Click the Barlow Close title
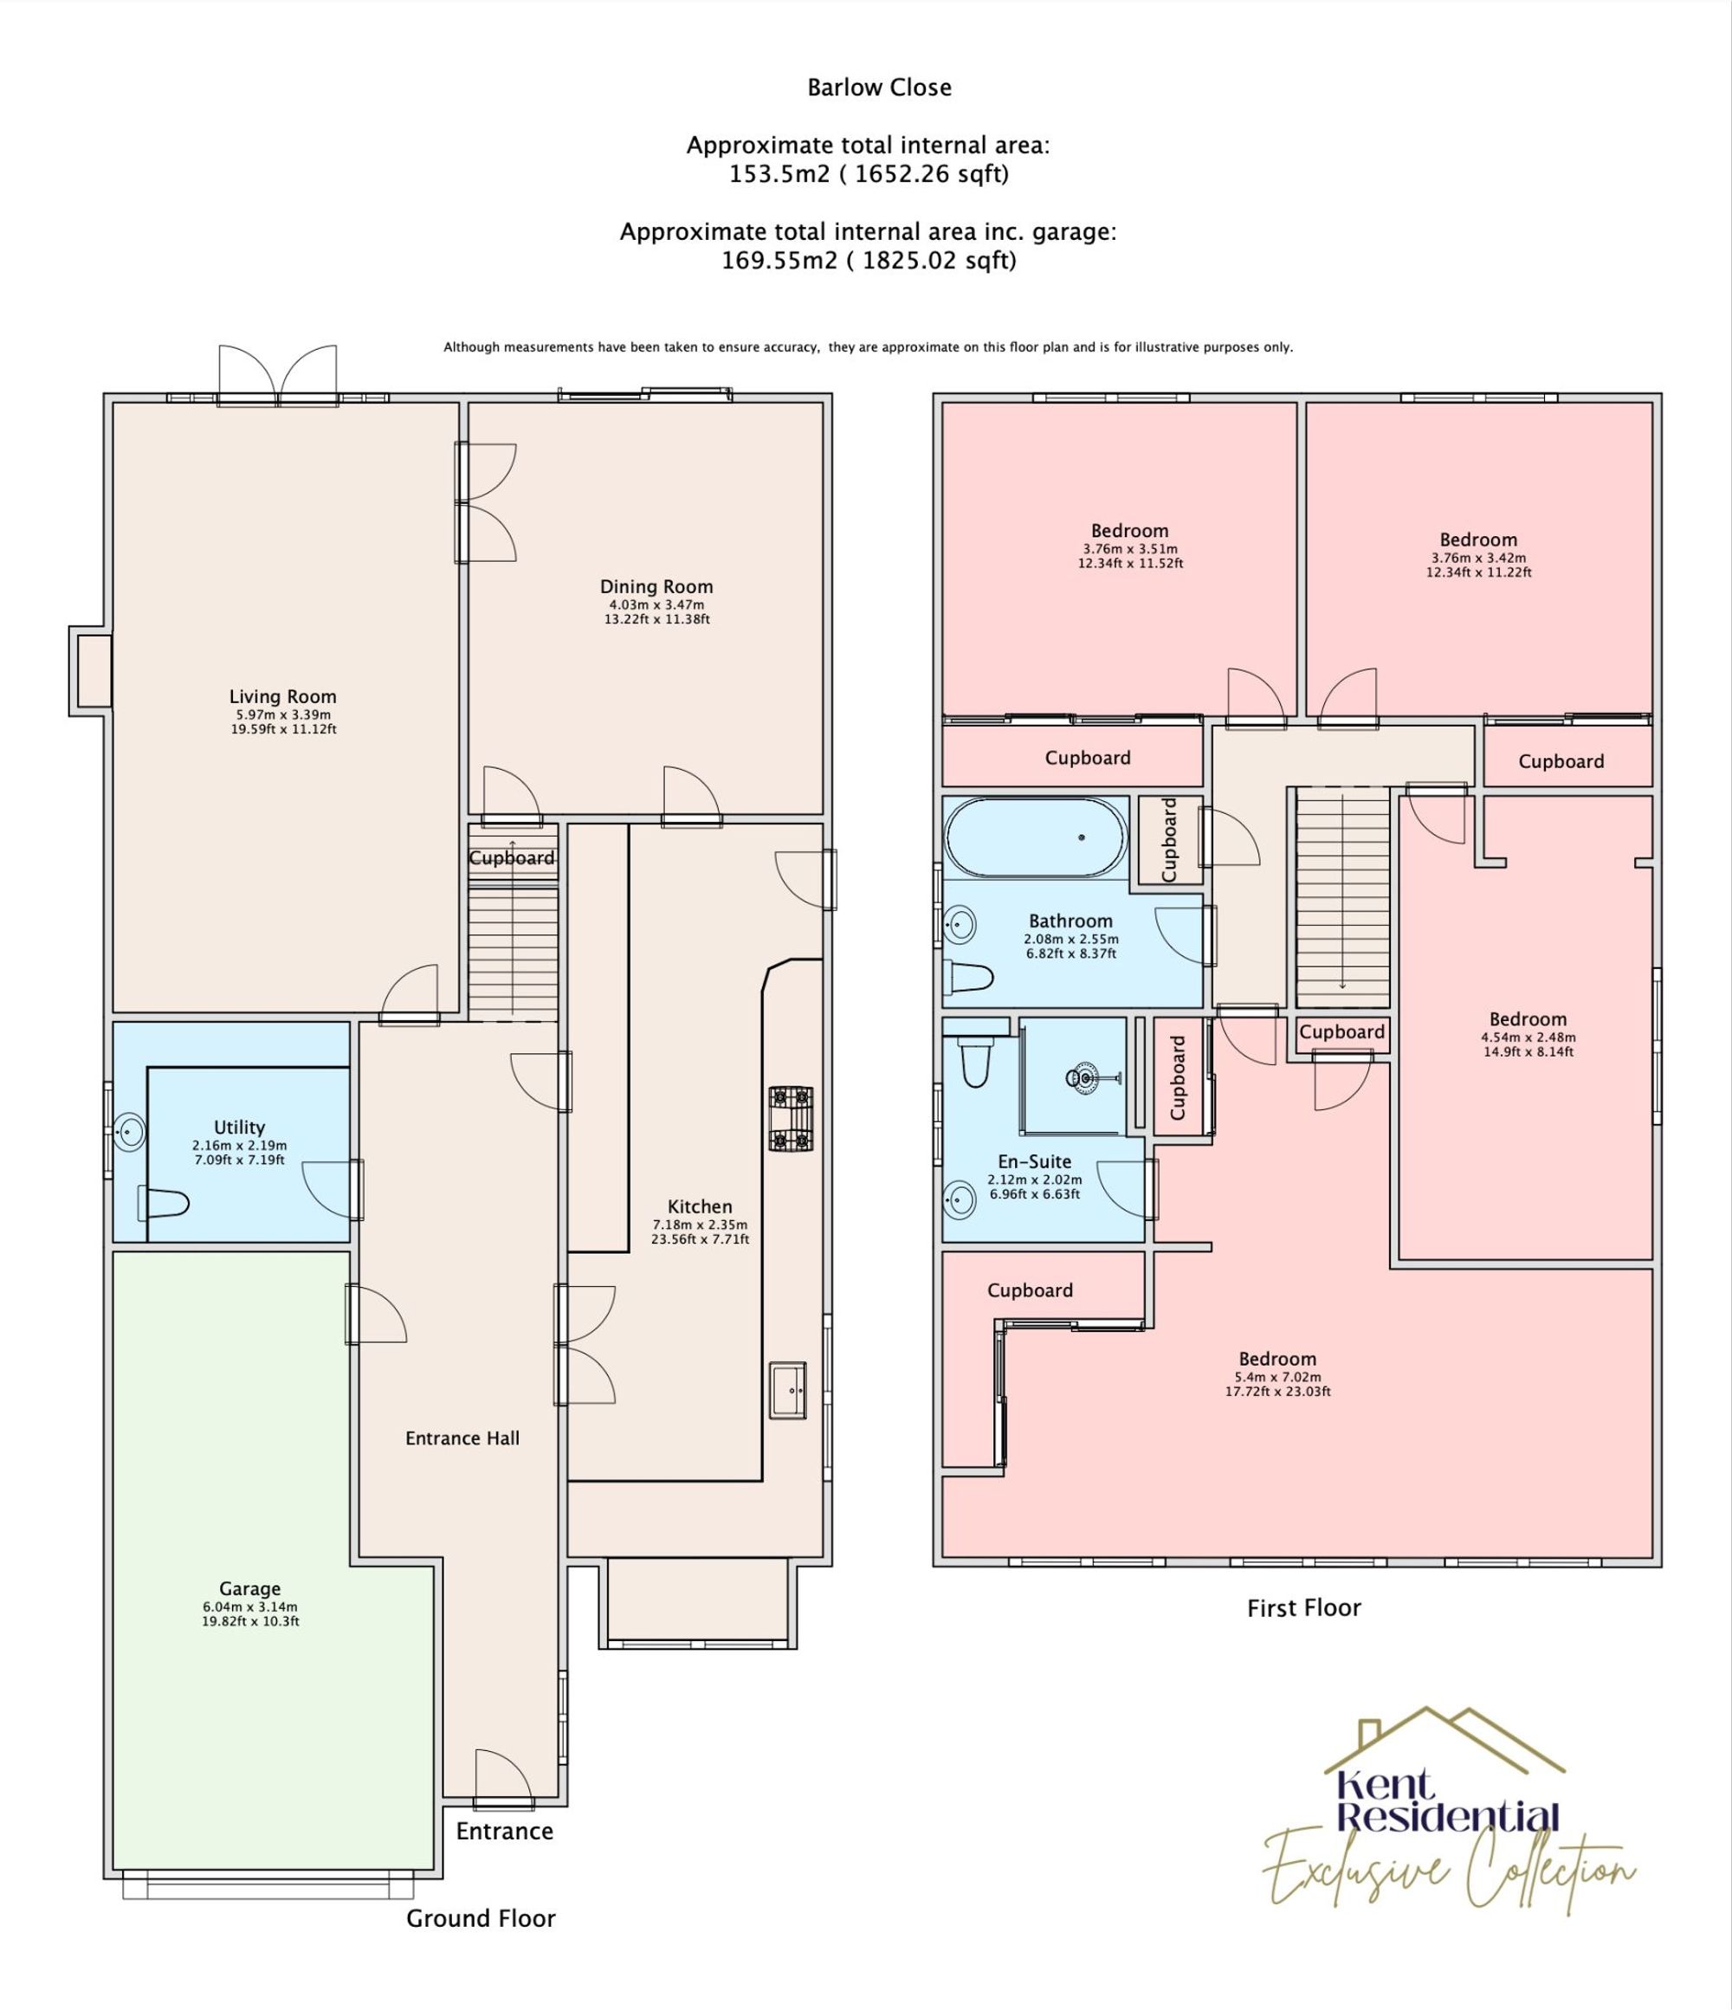(879, 87)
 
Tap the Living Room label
(282, 696)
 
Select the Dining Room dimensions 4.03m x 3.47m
(656, 604)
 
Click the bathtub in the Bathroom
(1036, 837)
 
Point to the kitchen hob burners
(791, 1120)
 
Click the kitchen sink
(788, 1390)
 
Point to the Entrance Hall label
(462, 1438)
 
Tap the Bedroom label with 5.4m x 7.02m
(1277, 1359)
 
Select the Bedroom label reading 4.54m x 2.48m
(1528, 1018)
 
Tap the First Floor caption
(1303, 1608)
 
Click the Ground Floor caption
(481, 1918)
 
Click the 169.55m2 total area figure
(779, 261)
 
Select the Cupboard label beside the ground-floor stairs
(511, 857)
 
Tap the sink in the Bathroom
(959, 925)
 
